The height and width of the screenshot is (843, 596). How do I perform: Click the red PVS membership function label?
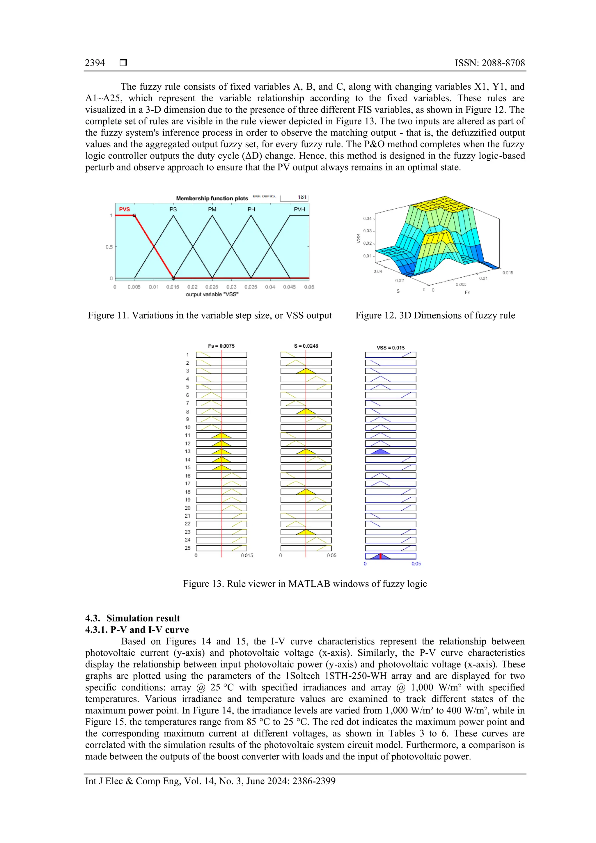pos(124,209)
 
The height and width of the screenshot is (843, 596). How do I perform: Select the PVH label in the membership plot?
pos(299,209)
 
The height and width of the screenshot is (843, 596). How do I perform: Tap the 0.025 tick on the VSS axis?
pos(212,287)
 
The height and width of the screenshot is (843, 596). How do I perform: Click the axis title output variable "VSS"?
pos(212,294)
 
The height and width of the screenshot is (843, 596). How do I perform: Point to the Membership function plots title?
pos(212,198)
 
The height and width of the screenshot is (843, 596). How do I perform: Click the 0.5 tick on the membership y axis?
pos(109,247)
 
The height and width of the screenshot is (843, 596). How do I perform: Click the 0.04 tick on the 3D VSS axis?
pos(367,219)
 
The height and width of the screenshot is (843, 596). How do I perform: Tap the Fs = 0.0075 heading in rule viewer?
pos(221,346)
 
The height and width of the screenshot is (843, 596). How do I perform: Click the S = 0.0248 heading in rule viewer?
pos(306,346)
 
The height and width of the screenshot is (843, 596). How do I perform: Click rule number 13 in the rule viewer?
pos(188,452)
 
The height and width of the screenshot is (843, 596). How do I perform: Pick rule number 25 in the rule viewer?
pos(188,548)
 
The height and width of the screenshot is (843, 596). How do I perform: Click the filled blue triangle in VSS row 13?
pos(380,452)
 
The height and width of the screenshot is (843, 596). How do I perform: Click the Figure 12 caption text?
pos(435,315)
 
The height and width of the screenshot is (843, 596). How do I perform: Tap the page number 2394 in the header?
pos(95,63)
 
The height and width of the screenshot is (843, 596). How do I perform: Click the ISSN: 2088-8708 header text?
pos(489,63)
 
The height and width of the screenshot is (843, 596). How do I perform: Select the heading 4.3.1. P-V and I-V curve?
pos(137,630)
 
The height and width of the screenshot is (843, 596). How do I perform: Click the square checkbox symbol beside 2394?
pos(123,63)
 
